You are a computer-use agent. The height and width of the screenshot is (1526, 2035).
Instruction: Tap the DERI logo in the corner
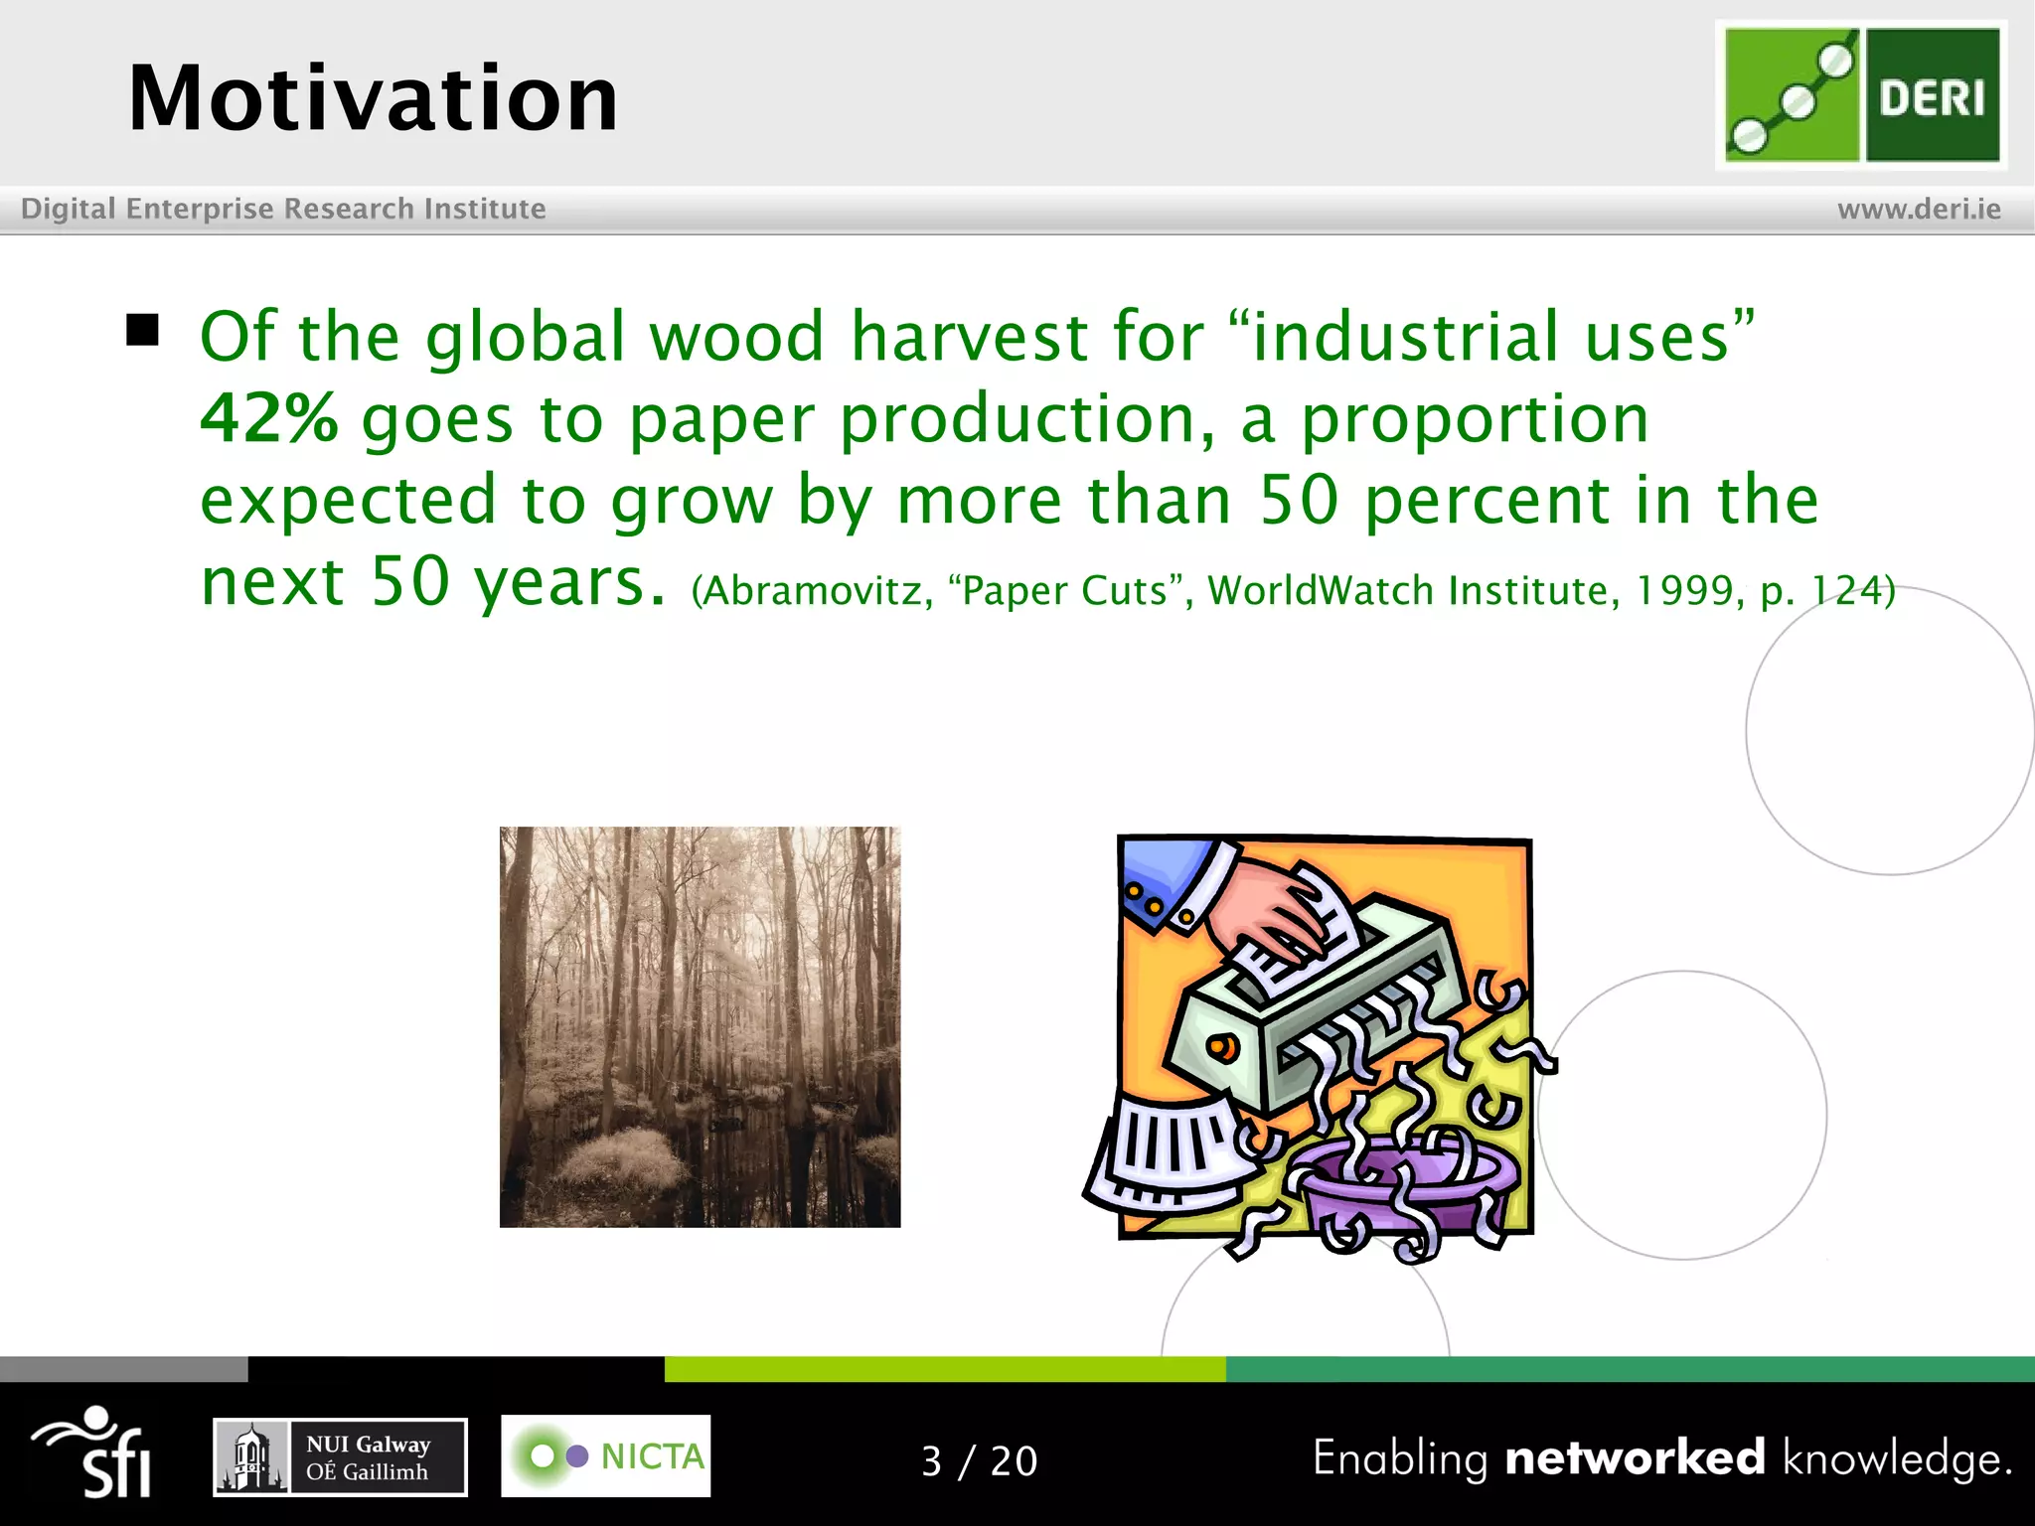[x=1860, y=94]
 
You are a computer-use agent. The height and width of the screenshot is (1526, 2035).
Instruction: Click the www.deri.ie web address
[x=1918, y=209]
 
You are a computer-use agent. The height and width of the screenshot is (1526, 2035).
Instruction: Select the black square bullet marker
[x=143, y=330]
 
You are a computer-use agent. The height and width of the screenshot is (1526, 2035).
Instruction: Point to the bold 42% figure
[x=269, y=418]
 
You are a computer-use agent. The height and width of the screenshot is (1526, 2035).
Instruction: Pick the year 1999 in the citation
[x=1683, y=591]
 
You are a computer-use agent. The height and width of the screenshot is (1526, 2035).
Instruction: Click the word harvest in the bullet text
[x=969, y=336]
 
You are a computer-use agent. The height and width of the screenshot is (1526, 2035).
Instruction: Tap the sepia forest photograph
[x=700, y=1026]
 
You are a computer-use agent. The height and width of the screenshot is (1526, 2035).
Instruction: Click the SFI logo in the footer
[x=94, y=1452]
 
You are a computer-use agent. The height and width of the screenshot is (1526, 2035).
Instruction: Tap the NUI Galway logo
[x=340, y=1456]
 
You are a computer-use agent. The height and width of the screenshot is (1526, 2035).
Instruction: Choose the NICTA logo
[x=605, y=1455]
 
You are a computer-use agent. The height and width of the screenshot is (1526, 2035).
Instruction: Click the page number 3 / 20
[x=979, y=1461]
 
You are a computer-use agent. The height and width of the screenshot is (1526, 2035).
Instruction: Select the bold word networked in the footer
[x=1635, y=1457]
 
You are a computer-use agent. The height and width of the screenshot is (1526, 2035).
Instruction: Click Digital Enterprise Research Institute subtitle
[x=283, y=209]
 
